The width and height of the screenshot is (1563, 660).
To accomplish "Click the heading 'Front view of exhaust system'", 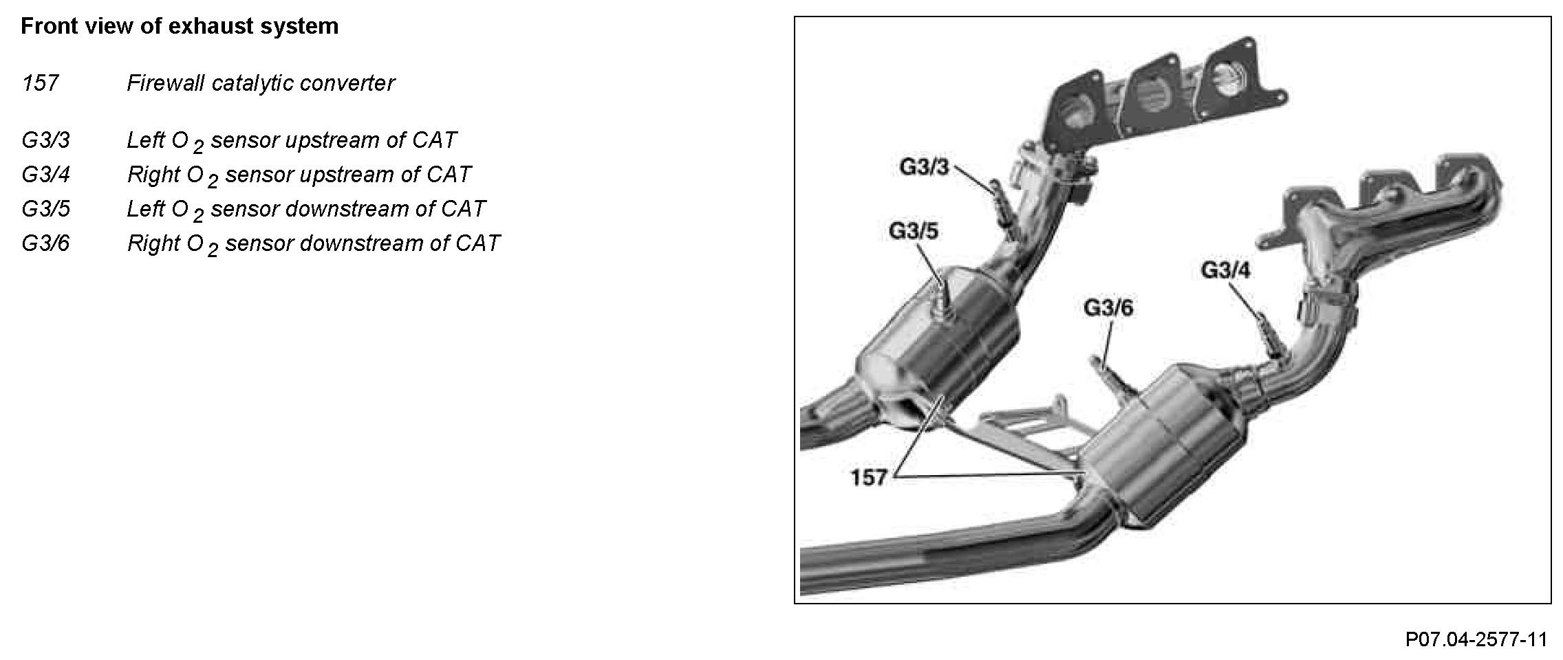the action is click(x=180, y=27).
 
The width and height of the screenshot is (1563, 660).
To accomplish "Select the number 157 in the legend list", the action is click(x=40, y=84).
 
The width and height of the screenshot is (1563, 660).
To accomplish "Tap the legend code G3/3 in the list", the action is click(x=45, y=140).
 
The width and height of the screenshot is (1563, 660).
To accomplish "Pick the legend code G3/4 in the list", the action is click(x=45, y=175).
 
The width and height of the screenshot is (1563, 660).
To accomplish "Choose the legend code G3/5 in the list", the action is click(x=45, y=209).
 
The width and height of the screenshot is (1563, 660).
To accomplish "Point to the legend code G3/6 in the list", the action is click(x=45, y=243).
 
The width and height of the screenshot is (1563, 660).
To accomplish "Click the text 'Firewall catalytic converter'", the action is click(x=261, y=84).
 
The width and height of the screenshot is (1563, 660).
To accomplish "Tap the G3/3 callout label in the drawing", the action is click(x=924, y=167).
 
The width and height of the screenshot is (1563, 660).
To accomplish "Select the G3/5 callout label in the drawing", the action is click(x=914, y=231).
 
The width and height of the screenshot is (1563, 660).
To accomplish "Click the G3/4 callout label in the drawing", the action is click(x=1226, y=270).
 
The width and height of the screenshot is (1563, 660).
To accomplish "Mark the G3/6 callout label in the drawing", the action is click(x=1108, y=307).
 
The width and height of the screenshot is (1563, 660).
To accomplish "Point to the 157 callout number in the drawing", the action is click(x=869, y=477).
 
